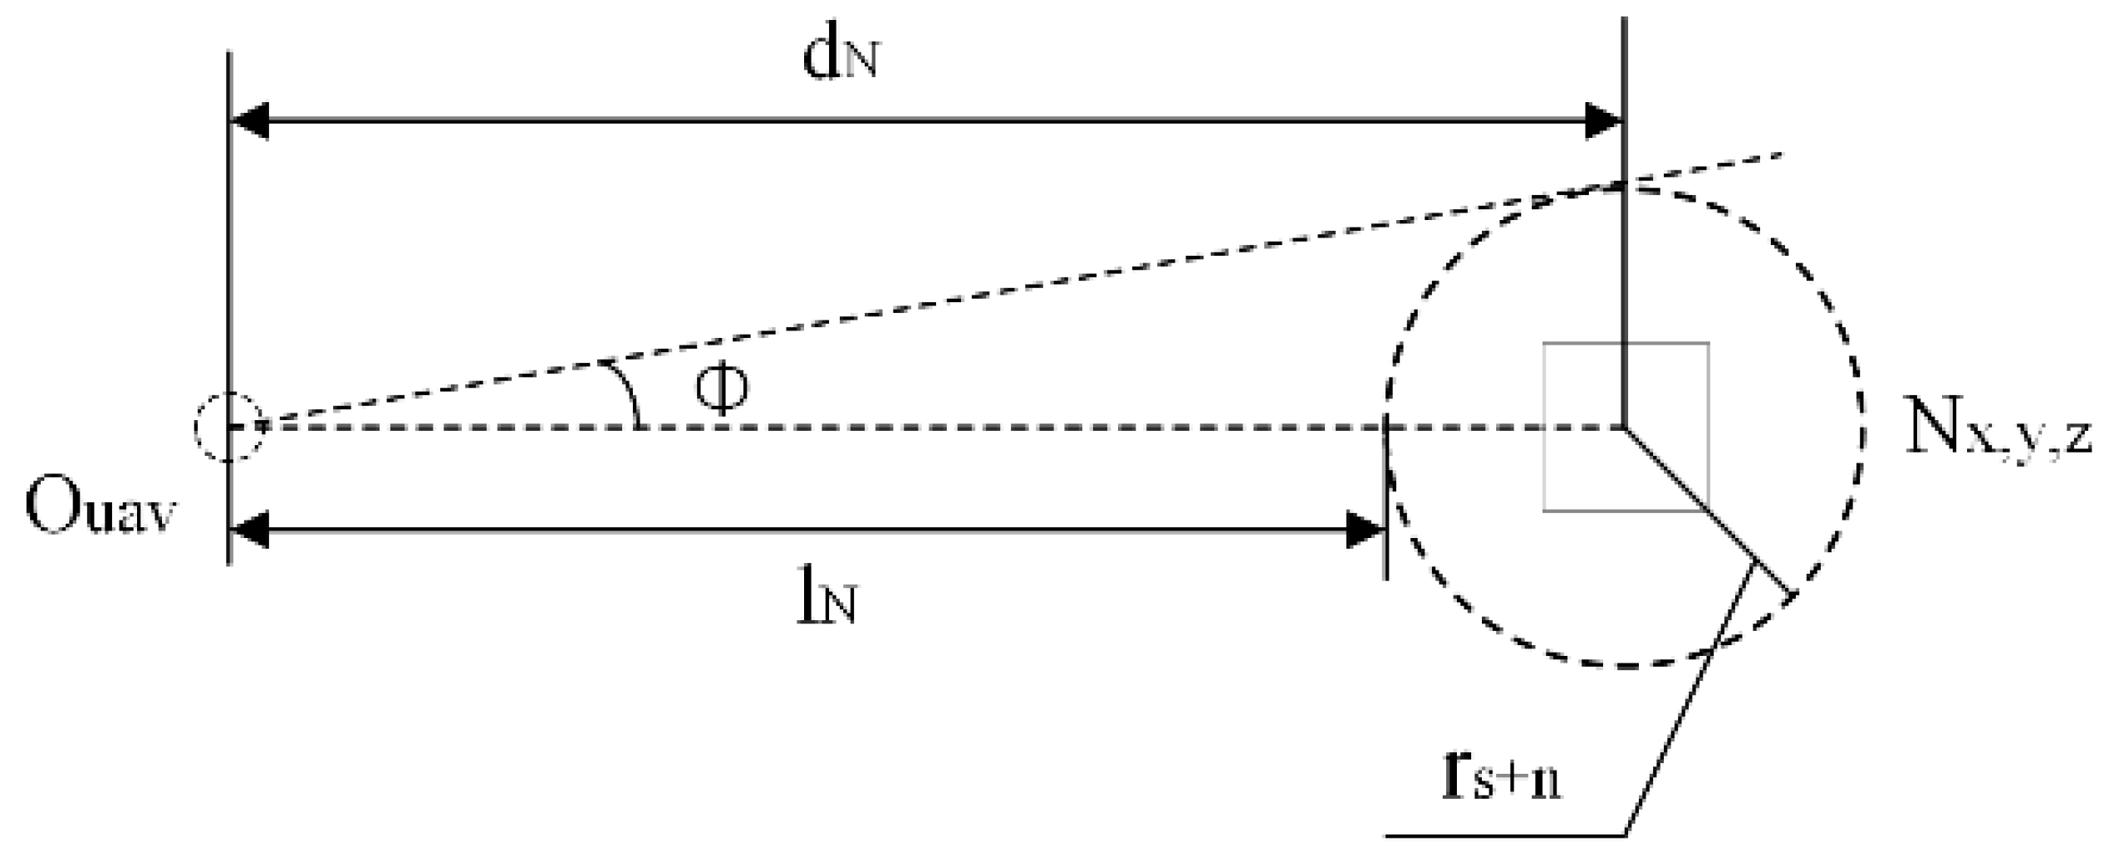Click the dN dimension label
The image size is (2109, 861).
839,58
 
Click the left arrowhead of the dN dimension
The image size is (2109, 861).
249,121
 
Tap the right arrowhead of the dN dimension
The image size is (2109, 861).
1603,121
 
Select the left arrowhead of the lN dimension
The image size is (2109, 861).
249,530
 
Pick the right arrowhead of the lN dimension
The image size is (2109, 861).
1365,530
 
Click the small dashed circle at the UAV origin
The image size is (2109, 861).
229,427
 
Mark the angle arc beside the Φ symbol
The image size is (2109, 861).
627,394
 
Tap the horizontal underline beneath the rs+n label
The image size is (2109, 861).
1503,834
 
